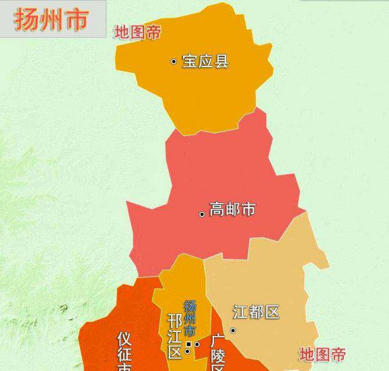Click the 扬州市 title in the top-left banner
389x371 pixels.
coord(52,20)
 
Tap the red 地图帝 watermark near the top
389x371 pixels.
coord(137,32)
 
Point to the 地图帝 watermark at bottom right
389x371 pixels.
coord(322,354)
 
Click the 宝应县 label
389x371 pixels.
coord(205,61)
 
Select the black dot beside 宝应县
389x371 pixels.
coord(174,61)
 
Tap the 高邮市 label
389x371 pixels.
coord(232,209)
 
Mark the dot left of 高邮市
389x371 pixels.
coord(201,214)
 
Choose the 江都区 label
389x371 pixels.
coord(256,313)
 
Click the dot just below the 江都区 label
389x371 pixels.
coord(233,330)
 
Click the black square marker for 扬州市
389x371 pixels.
coord(188,344)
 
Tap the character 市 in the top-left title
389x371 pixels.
coord(75,20)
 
